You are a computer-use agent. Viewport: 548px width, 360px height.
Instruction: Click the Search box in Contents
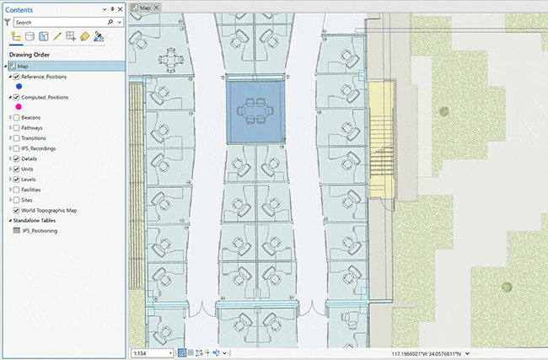point(59,23)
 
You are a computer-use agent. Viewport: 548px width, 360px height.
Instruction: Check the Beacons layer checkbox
point(16,117)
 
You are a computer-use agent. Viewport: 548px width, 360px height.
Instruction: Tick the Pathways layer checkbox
point(16,128)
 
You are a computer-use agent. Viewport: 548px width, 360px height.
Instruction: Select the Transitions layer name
point(34,138)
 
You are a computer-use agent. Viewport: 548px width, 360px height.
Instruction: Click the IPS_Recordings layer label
point(39,148)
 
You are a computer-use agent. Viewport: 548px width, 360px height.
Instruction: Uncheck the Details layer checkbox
point(16,159)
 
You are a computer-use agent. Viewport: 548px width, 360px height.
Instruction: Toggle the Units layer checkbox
point(16,169)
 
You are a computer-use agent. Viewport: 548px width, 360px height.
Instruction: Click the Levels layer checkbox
point(16,180)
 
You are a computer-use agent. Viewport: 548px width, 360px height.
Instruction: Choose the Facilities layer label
point(33,190)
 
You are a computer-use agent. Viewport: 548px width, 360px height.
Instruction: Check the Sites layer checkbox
point(16,200)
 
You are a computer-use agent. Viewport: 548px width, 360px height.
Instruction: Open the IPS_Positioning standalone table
point(40,230)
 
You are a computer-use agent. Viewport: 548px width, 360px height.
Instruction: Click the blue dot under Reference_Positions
point(19,87)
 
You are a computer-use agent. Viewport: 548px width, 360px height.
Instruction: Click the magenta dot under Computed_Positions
point(19,107)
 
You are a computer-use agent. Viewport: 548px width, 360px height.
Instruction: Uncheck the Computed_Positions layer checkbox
point(16,97)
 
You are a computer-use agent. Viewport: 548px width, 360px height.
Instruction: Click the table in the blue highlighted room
point(255,108)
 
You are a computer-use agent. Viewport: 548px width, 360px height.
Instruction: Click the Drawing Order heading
point(30,54)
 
